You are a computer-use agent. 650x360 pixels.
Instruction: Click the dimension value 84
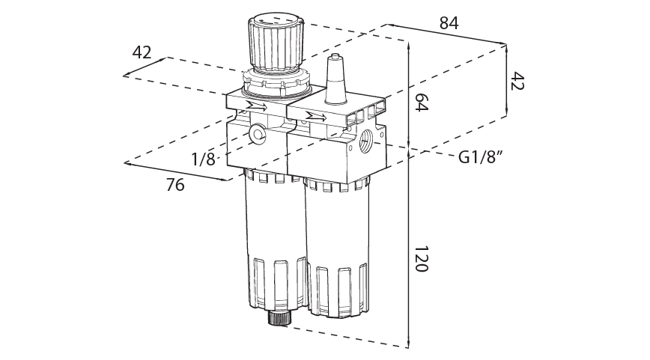click(449, 23)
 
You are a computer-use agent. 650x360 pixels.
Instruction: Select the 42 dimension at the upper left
click(142, 52)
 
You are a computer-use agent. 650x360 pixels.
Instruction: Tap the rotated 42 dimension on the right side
click(517, 81)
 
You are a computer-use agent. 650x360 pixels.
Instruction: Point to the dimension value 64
click(421, 103)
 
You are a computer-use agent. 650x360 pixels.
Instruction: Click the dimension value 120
click(421, 258)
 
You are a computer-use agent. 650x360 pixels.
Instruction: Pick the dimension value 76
click(174, 185)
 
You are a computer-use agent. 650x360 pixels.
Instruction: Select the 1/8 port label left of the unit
click(203, 159)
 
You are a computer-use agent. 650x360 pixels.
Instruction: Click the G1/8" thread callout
click(479, 158)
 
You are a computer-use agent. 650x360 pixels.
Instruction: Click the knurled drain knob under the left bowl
click(279, 319)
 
